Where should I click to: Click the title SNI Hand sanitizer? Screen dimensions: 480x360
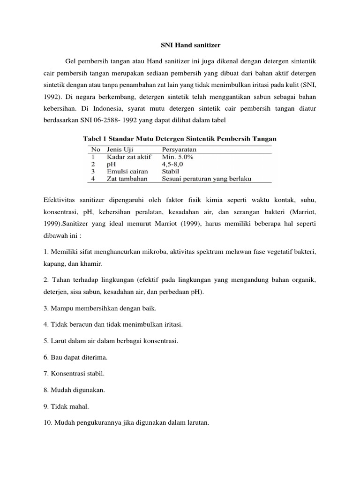(180, 45)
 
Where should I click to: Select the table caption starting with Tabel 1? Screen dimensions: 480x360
(180, 139)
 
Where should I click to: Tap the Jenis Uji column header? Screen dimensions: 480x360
(120, 149)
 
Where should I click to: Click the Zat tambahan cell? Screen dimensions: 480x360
(127, 179)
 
